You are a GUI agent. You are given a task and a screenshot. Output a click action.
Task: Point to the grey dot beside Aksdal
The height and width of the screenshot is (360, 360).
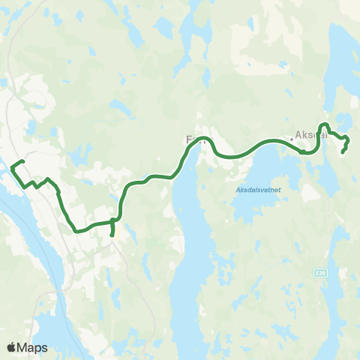(x=292, y=139)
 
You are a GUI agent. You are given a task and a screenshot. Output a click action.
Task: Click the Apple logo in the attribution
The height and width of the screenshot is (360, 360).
(x=12, y=347)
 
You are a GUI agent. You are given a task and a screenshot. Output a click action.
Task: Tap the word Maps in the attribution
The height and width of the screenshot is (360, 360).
(x=33, y=347)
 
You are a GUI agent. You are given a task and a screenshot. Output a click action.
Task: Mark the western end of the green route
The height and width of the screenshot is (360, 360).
(x=23, y=162)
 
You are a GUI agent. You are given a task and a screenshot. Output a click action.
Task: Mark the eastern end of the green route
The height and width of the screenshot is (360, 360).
(x=343, y=152)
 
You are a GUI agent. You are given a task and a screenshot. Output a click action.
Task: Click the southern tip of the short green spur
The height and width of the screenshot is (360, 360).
(x=112, y=235)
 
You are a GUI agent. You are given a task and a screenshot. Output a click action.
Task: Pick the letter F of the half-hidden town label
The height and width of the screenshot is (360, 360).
(x=189, y=139)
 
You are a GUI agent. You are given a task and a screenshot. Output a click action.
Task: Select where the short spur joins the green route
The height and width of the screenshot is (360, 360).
(x=112, y=220)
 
